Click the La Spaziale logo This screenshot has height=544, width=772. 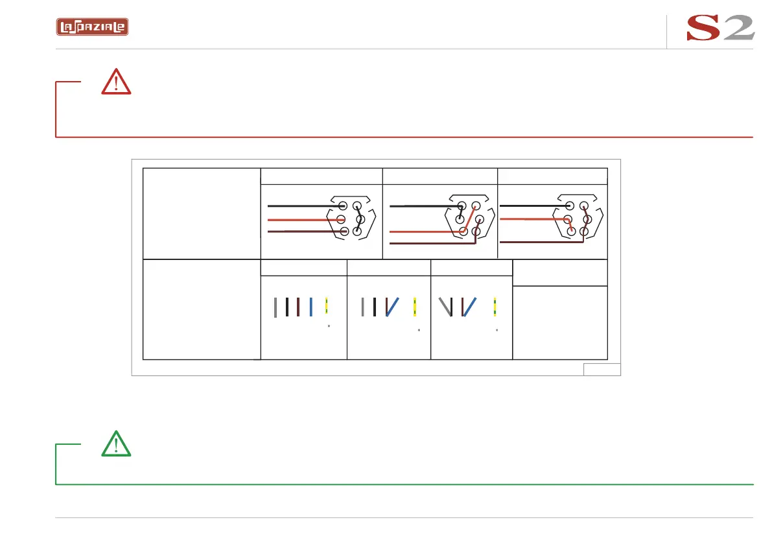point(91,27)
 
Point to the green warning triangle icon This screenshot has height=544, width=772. point(116,443)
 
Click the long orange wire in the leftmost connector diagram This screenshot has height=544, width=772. point(301,220)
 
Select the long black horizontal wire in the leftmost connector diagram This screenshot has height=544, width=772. point(301,206)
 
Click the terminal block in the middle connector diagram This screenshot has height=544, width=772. point(469,219)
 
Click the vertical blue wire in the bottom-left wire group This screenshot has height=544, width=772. point(311,307)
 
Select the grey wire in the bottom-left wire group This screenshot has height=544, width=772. point(275,307)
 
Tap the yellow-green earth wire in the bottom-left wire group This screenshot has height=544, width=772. point(327,306)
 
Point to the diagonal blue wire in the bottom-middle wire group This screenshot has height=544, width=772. point(393,307)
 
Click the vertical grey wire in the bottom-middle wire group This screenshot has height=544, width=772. point(362,307)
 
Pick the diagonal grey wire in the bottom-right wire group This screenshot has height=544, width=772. point(445,307)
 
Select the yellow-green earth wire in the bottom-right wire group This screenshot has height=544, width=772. point(495,306)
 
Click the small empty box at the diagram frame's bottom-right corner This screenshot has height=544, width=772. point(602,370)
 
